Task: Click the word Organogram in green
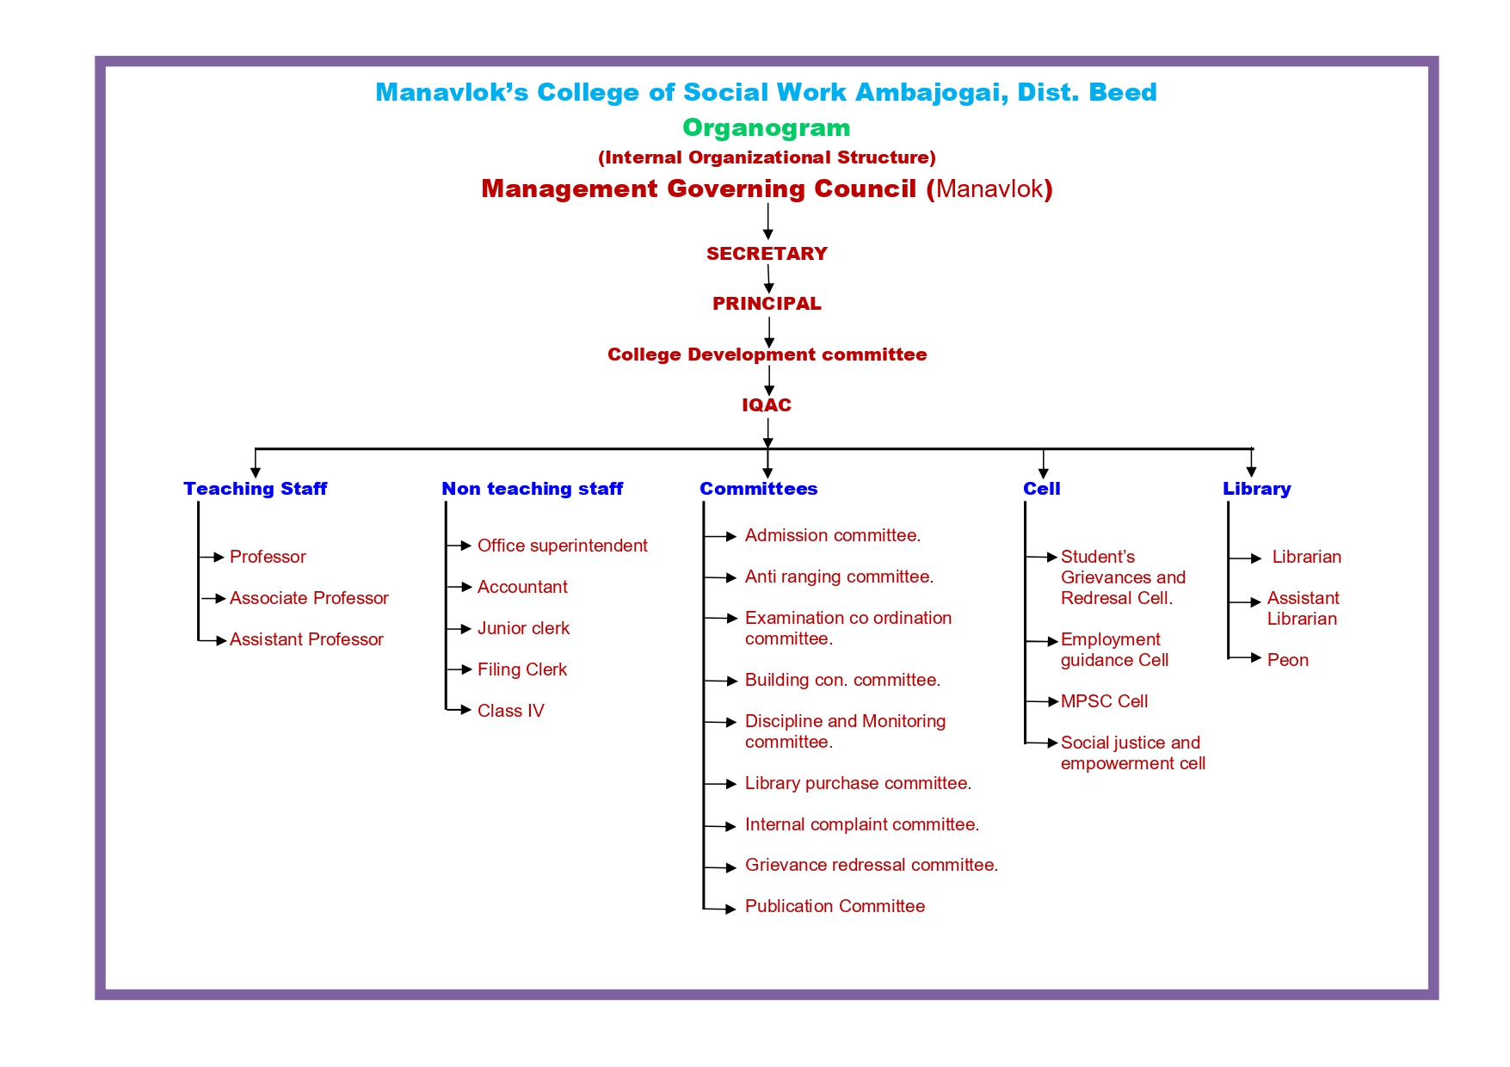pyautogui.click(x=766, y=128)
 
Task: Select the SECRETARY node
pyautogui.click(x=767, y=254)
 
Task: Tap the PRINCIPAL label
pyautogui.click(x=767, y=304)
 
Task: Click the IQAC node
pyautogui.click(x=767, y=405)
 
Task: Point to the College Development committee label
pyautogui.click(x=767, y=355)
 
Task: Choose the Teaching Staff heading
pyautogui.click(x=255, y=489)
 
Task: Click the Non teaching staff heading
pyautogui.click(x=532, y=489)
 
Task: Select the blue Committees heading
pyautogui.click(x=758, y=489)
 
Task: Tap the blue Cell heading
pyautogui.click(x=1041, y=489)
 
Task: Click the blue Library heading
pyautogui.click(x=1256, y=489)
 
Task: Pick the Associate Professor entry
pyautogui.click(x=309, y=598)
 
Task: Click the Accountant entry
pyautogui.click(x=522, y=587)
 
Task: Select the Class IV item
pyautogui.click(x=511, y=711)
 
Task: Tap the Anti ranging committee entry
pyautogui.click(x=839, y=577)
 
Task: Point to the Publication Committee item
pyautogui.click(x=835, y=906)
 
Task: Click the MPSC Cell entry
pyautogui.click(x=1104, y=701)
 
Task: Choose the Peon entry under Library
pyautogui.click(x=1287, y=660)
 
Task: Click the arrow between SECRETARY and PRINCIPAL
pyautogui.click(x=768, y=280)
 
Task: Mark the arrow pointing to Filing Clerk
pyautogui.click(x=459, y=669)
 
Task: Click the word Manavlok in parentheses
pyautogui.click(x=989, y=189)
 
